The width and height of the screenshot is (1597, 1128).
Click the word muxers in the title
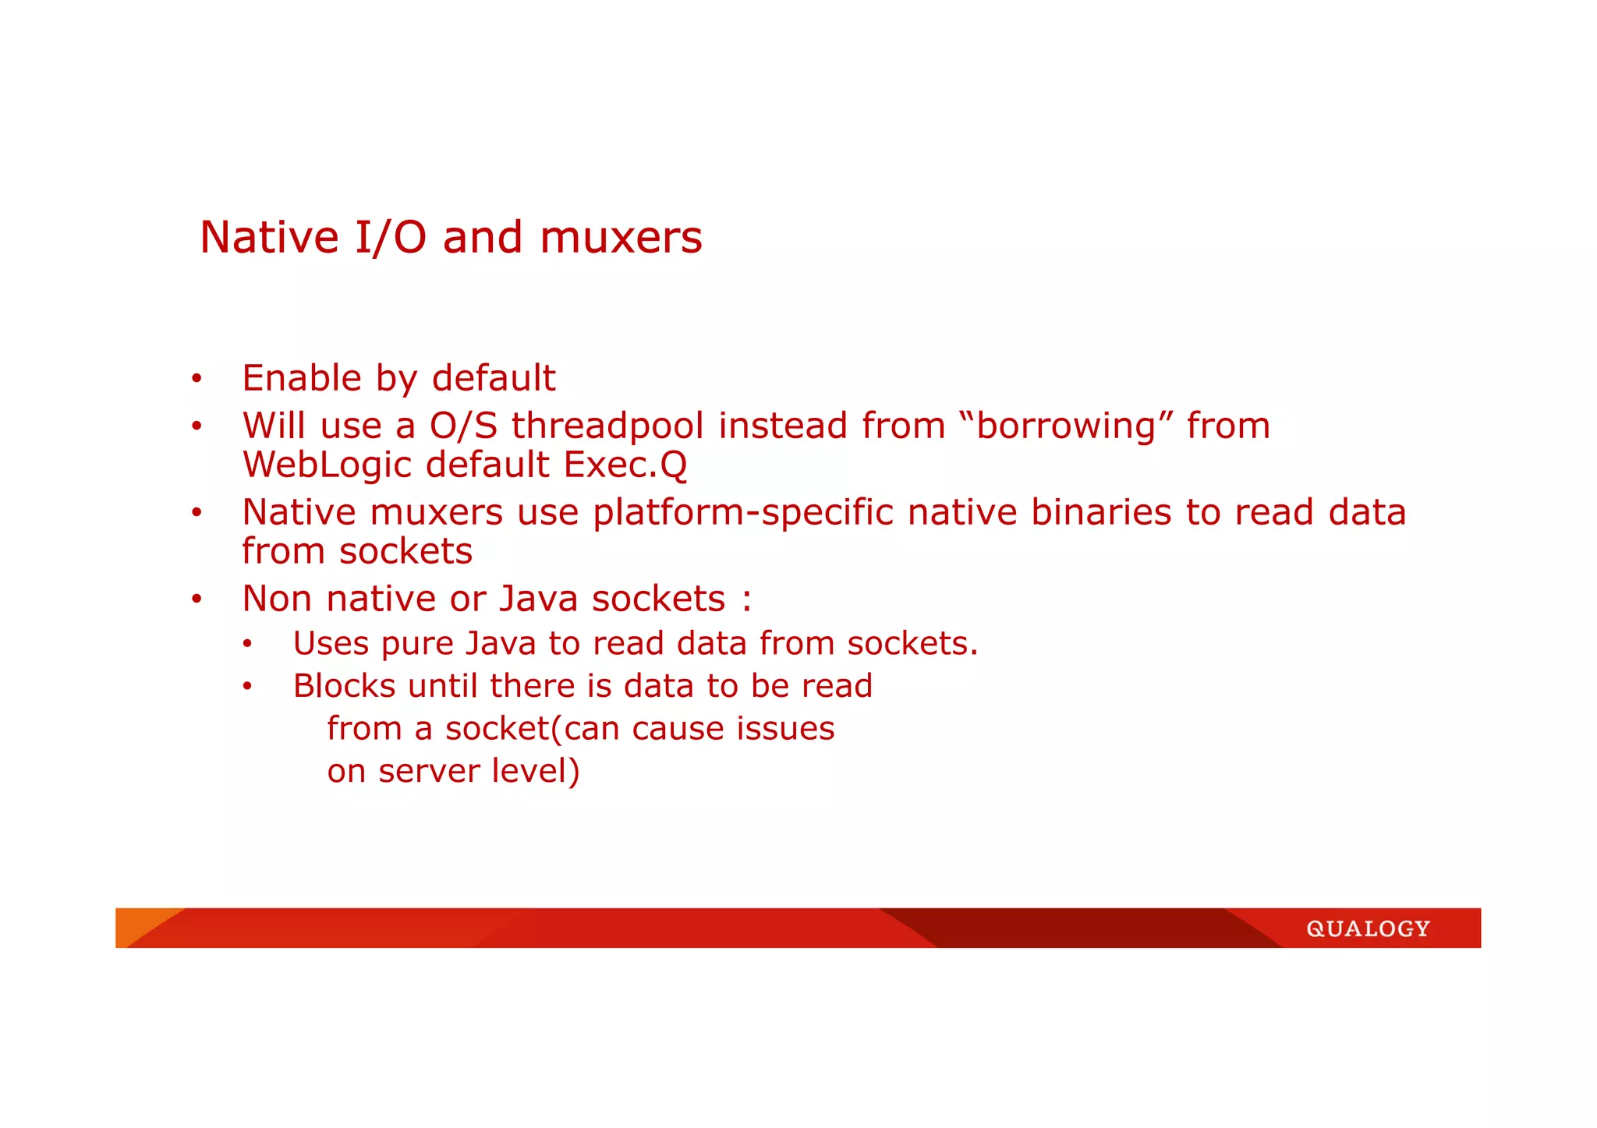click(621, 238)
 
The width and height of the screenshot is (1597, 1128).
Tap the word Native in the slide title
click(268, 238)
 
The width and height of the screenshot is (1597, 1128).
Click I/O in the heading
click(390, 238)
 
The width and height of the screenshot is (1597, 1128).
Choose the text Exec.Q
click(625, 465)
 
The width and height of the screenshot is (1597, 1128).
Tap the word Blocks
click(344, 687)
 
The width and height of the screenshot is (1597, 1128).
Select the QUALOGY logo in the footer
click(1368, 928)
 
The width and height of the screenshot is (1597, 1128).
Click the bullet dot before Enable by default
click(197, 380)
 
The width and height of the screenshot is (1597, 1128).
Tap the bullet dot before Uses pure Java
click(247, 645)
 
